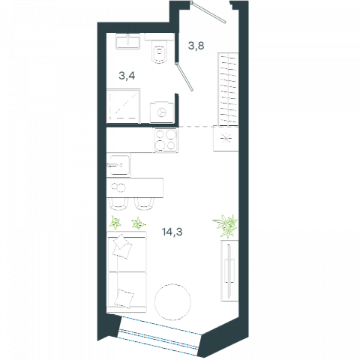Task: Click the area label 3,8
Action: [x=196, y=46]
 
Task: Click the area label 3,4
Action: [x=127, y=76]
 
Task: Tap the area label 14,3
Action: [x=172, y=232]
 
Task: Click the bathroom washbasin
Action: [x=127, y=41]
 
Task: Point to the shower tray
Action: [x=123, y=106]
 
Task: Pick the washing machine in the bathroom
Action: [x=162, y=112]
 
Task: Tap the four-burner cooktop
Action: [x=166, y=140]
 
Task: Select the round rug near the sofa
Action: [x=172, y=301]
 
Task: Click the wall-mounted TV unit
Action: [x=229, y=271]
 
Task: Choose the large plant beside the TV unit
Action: [x=226, y=226]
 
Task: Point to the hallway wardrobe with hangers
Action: [x=228, y=88]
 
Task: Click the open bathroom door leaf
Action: [x=184, y=76]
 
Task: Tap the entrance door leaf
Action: [x=208, y=12]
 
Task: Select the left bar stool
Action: [x=118, y=203]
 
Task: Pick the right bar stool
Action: [x=144, y=203]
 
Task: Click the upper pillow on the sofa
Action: [x=122, y=246]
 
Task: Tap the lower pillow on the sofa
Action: [x=124, y=298]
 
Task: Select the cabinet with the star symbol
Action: [x=226, y=139]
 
